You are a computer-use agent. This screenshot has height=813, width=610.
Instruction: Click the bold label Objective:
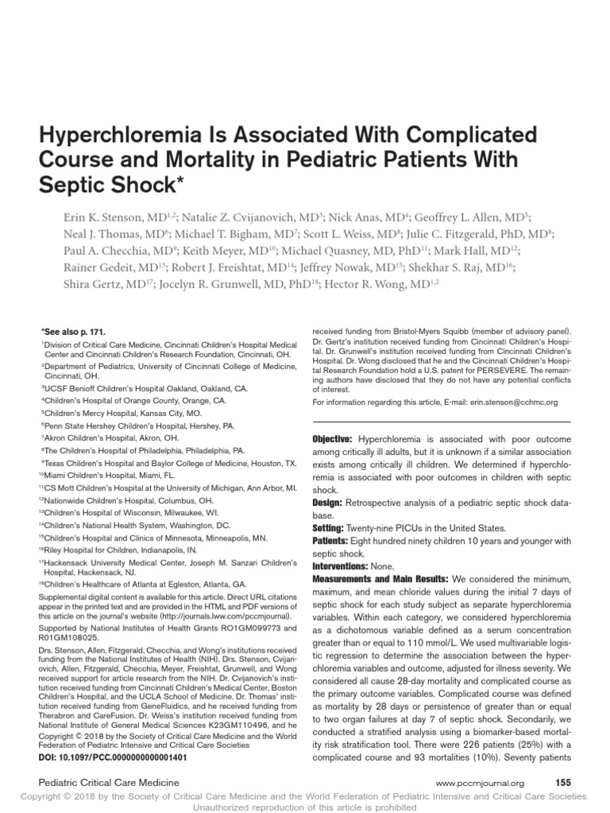333,439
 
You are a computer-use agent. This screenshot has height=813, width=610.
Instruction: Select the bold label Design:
327,503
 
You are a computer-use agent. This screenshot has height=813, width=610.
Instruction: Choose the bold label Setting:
327,528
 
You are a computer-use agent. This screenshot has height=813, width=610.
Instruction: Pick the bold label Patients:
330,541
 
